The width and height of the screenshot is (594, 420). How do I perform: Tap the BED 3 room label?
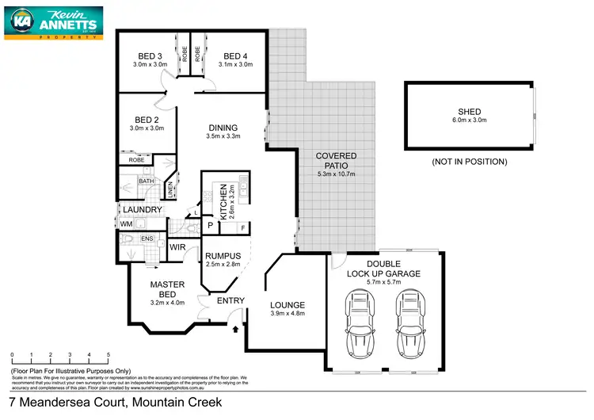coord(150,55)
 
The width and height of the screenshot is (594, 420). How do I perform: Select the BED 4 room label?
coord(235,55)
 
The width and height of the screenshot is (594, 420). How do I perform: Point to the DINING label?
coord(223,128)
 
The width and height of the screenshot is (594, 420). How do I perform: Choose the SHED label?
coord(470,112)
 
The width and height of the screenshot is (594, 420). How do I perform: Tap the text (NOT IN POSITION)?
coord(469,162)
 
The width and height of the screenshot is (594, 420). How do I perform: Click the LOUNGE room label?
coord(287,305)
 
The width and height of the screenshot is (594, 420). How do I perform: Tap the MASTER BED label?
coord(167,289)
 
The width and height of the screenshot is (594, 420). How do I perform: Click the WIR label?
coord(177,247)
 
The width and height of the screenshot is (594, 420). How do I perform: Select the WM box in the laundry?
coord(126,224)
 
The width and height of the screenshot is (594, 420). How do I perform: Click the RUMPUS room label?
coord(222,256)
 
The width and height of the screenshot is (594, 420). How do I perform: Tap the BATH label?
coord(147,181)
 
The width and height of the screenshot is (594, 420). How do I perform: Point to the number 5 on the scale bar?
coord(109,354)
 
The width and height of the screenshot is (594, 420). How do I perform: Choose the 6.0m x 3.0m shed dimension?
coord(470,120)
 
